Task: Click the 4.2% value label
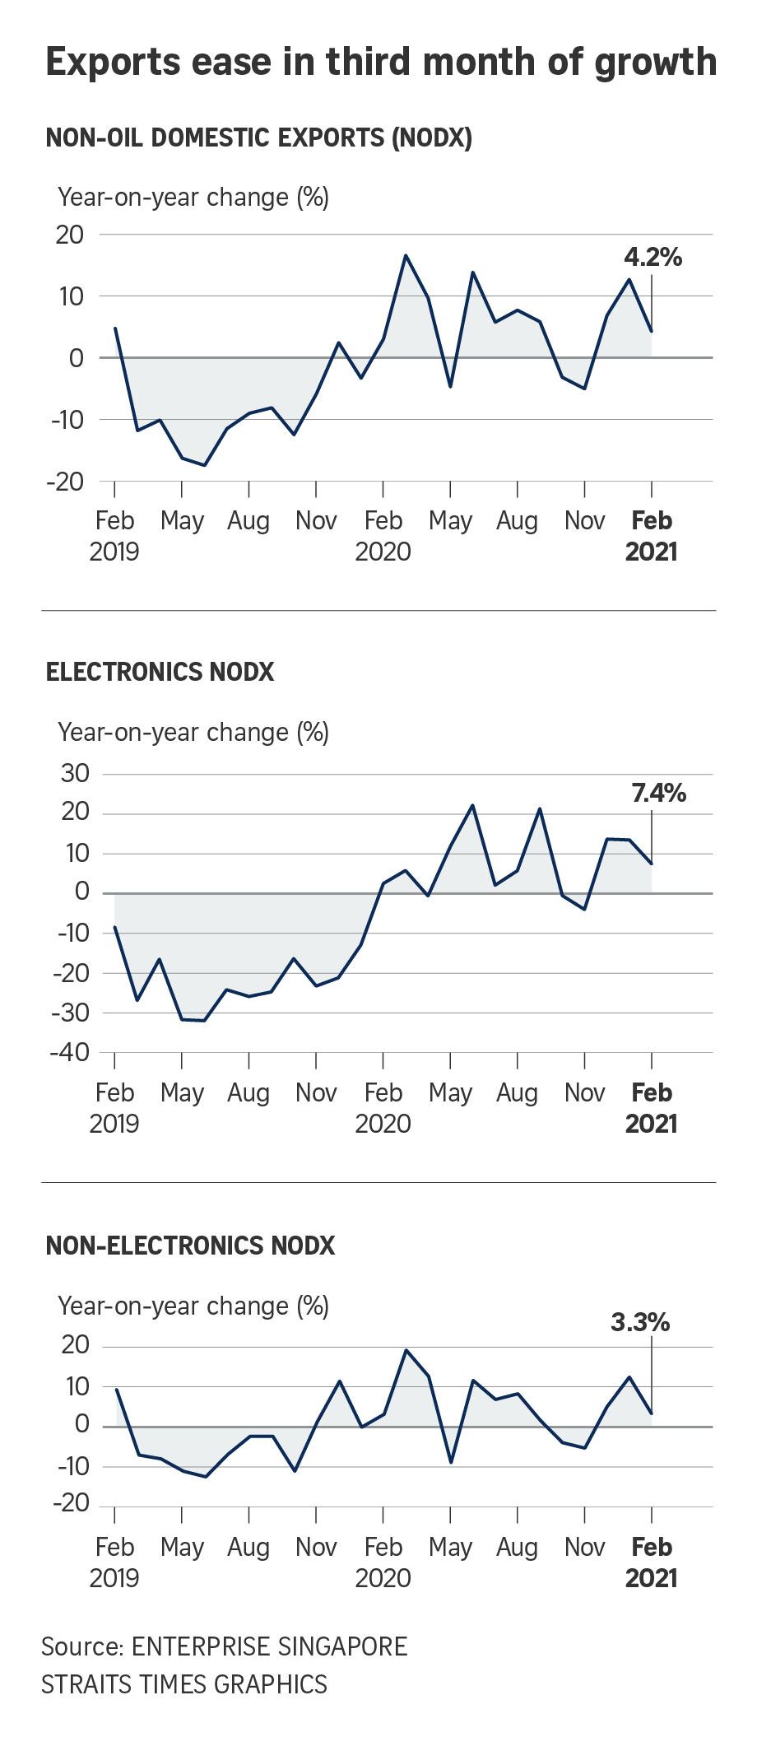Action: tap(653, 258)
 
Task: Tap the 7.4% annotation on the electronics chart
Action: tap(658, 794)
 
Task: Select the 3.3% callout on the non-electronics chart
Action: tap(640, 1322)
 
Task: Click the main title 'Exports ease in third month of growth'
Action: tap(381, 63)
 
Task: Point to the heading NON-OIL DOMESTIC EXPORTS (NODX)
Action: tap(258, 137)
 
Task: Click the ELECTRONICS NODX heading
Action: tap(160, 672)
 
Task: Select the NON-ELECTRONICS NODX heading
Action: tap(190, 1246)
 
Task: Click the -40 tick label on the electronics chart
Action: tap(70, 1052)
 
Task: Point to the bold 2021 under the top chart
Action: tap(651, 552)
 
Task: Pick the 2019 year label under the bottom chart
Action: tap(114, 1577)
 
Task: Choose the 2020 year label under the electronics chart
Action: tap(383, 1124)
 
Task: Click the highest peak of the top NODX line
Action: tap(406, 255)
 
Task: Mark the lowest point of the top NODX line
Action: tap(204, 465)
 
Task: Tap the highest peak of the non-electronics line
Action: tap(406, 1350)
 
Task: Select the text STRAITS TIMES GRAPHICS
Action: tap(184, 1684)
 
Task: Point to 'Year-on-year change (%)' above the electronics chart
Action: tap(193, 733)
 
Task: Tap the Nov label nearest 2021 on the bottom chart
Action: tap(584, 1547)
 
